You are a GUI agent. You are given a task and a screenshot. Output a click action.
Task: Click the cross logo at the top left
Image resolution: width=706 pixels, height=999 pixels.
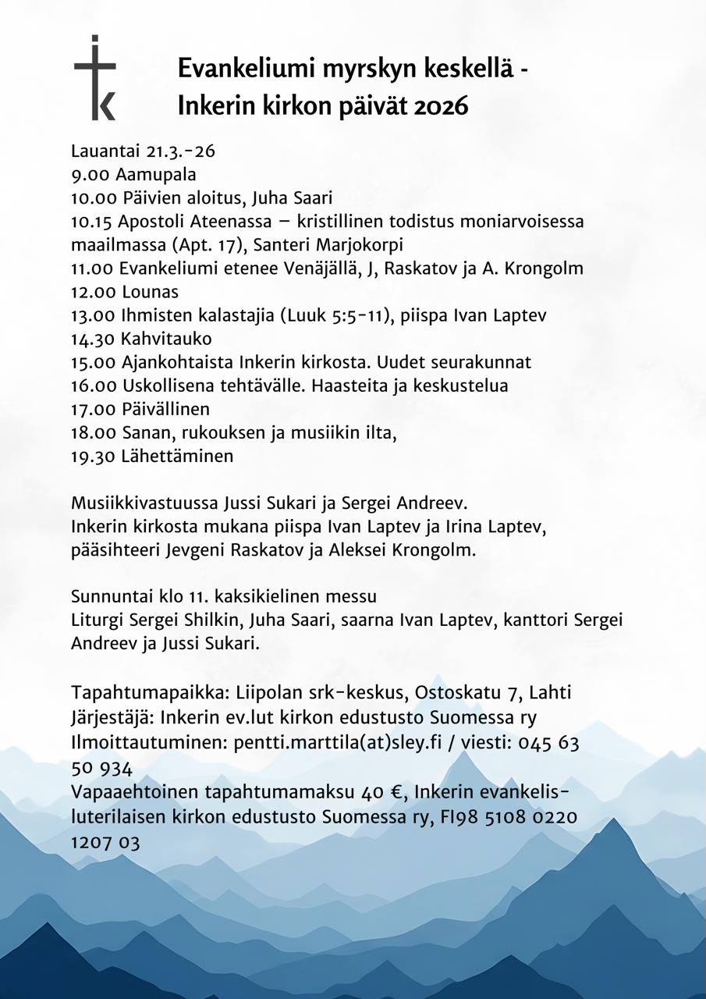pyautogui.click(x=95, y=78)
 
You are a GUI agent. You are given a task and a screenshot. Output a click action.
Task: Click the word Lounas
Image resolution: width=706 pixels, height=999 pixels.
pyautogui.click(x=151, y=292)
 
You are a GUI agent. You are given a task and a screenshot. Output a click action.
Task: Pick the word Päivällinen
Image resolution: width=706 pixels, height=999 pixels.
pyautogui.click(x=165, y=409)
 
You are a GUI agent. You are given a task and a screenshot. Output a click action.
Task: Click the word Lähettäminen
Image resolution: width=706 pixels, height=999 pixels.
pyautogui.click(x=177, y=456)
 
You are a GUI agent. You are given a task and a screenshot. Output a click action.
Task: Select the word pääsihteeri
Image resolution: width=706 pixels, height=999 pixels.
pyautogui.click(x=115, y=549)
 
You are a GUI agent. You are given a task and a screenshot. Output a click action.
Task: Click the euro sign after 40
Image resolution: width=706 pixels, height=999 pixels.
pyautogui.click(x=396, y=792)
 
